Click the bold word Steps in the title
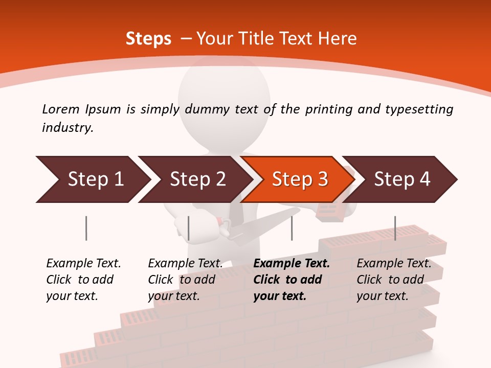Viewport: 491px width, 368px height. pos(148,39)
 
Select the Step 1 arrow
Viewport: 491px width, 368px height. pos(92,179)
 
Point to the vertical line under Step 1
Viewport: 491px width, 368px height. pos(86,228)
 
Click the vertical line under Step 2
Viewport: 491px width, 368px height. pos(189,228)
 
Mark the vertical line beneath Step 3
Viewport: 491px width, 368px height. pos(292,228)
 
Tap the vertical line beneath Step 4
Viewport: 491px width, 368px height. pos(395,228)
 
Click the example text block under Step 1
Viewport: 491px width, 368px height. pos(83,280)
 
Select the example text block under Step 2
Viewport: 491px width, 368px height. pos(185,280)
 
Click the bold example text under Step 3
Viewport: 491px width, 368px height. pos(292,280)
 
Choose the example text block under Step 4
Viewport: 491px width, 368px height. pos(394,280)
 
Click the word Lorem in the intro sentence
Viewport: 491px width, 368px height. pos(61,109)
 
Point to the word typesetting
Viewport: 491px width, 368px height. pos(419,109)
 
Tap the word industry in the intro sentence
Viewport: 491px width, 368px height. pos(68,128)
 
